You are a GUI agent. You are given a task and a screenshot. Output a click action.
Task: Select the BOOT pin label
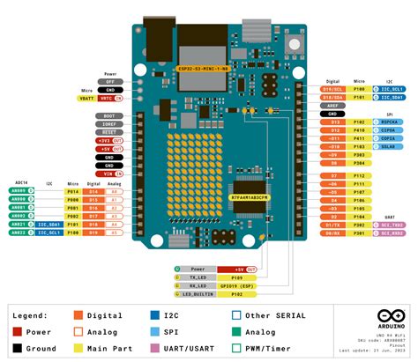(108, 115)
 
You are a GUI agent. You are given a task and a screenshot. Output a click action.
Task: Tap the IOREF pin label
(108, 125)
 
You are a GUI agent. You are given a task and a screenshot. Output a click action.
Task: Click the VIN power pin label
(110, 174)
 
